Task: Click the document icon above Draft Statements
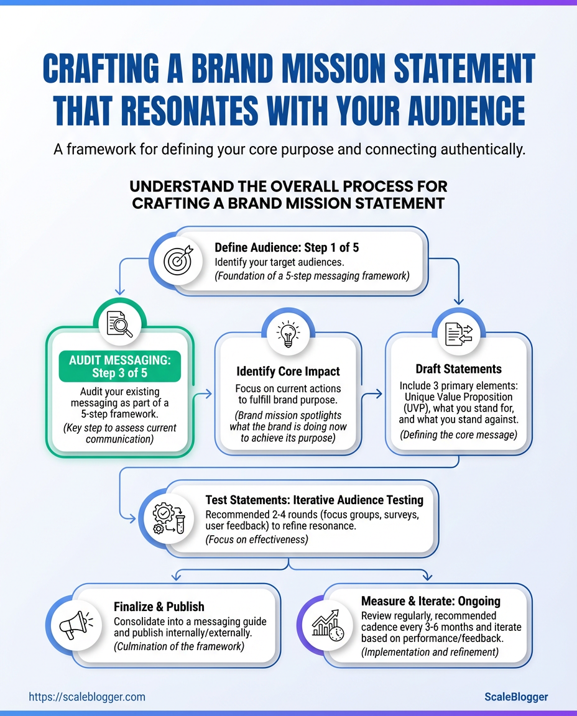[x=459, y=334]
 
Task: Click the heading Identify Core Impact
[x=288, y=372]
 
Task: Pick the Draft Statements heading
[x=459, y=369]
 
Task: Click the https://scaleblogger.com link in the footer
[x=87, y=697]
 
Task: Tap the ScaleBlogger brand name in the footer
[x=516, y=697]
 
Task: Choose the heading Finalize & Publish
[x=159, y=607]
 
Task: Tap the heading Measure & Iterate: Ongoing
[x=430, y=601]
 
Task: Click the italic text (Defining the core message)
[x=459, y=435]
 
